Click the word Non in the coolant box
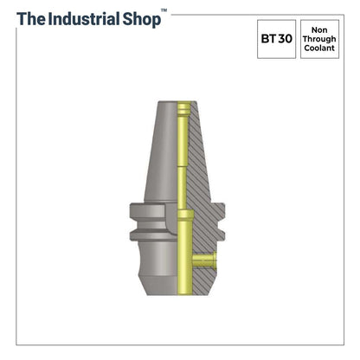pos(319,29)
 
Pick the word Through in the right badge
pos(319,39)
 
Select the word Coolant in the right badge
pos(319,49)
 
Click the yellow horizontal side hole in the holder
pos(204,260)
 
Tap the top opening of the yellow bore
pos(183,106)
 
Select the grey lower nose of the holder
pos(160,273)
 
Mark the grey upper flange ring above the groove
pos(152,211)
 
